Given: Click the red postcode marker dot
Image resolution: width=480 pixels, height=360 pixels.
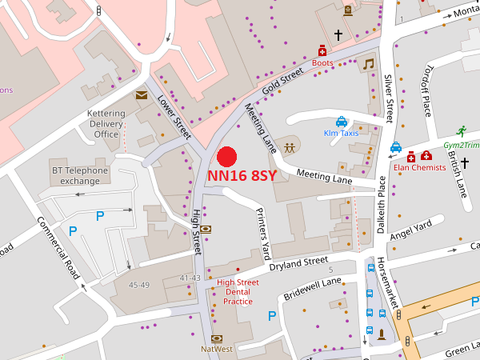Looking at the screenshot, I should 227,157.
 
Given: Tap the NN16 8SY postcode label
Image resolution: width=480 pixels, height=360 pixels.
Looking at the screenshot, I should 242,176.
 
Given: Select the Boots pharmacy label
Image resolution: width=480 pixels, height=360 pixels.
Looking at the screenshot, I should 322,62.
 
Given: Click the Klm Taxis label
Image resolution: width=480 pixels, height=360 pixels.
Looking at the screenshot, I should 341,133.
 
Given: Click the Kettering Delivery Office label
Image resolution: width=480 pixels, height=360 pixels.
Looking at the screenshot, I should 106,124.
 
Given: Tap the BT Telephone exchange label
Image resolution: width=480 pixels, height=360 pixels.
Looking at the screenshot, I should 80,175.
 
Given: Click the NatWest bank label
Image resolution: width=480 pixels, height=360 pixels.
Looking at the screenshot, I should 216,350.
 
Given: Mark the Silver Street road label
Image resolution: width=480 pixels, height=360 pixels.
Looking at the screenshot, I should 390,98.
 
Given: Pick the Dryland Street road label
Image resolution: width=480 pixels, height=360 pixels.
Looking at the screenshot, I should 298,263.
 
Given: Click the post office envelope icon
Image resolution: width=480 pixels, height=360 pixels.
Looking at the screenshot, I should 142,95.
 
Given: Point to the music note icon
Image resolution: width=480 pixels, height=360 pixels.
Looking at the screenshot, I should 368,64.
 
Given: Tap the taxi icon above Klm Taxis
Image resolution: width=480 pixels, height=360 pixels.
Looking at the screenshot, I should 341,122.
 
